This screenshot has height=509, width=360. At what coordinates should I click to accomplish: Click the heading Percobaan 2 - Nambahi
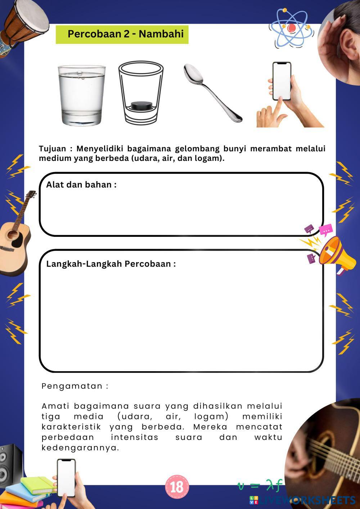(x=125, y=34)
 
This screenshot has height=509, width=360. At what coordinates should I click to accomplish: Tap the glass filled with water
(x=82, y=95)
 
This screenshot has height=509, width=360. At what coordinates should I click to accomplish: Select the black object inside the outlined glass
(x=141, y=105)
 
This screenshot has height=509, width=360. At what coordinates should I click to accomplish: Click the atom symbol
(x=291, y=28)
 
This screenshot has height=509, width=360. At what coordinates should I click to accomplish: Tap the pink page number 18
(x=177, y=487)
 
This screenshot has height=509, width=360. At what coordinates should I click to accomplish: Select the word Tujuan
(x=53, y=149)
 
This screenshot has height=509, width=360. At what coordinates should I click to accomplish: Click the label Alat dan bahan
(x=81, y=185)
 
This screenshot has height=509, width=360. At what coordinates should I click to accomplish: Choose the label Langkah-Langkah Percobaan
(x=111, y=264)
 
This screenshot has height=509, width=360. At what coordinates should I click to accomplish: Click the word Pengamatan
(x=75, y=386)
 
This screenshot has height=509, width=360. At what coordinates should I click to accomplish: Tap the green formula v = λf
(x=259, y=485)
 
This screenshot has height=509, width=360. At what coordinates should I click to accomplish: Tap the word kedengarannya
(x=80, y=448)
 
